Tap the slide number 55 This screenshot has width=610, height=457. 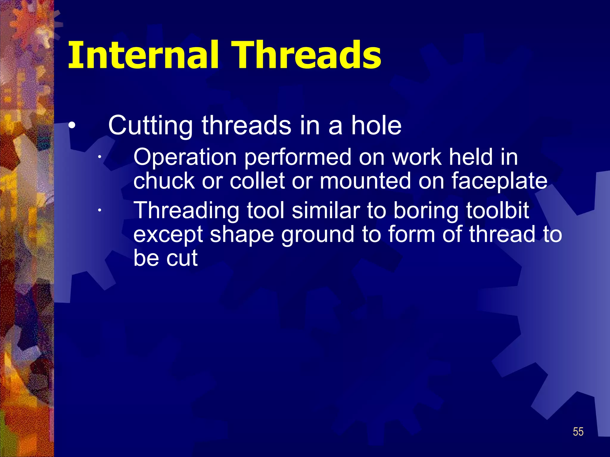click(578, 432)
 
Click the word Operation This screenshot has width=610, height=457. click(185, 158)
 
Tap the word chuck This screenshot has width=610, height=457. click(164, 181)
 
